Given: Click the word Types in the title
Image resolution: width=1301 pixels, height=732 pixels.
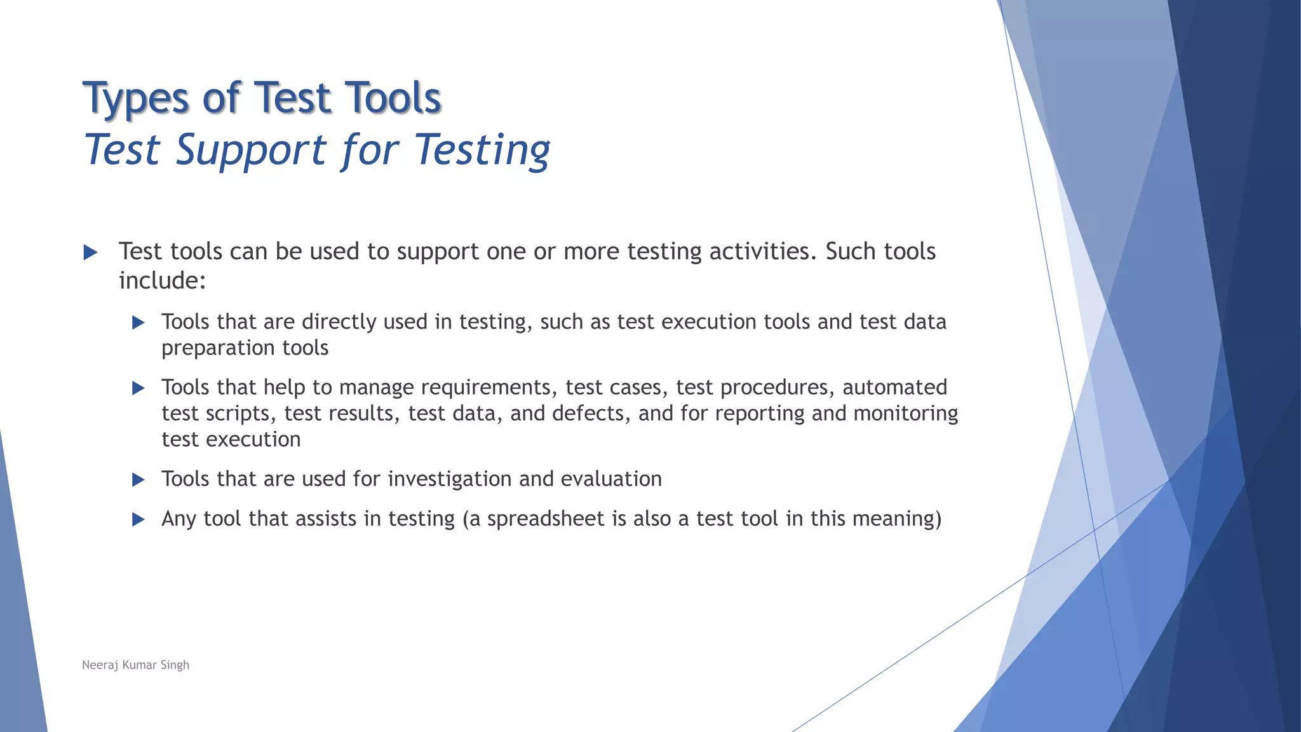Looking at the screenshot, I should pos(136,99).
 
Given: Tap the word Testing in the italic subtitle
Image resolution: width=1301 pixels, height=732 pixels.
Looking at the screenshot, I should pos(482,151).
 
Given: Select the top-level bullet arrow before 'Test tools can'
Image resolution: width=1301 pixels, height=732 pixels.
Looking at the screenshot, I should pos(90,253).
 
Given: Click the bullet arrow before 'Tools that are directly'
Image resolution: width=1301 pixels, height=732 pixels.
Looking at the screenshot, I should pos(138,323).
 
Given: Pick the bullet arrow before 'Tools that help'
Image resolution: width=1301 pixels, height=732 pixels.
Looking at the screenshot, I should pos(138,388).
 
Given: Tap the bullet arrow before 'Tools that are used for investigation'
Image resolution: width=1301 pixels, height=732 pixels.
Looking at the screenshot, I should pos(138,480).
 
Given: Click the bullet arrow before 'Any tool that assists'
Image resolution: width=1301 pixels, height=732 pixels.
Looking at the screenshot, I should pos(138,520).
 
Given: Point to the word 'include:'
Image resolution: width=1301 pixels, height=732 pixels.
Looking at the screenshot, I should pos(163,280).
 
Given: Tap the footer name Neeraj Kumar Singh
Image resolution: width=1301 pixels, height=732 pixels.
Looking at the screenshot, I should pos(135,665).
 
